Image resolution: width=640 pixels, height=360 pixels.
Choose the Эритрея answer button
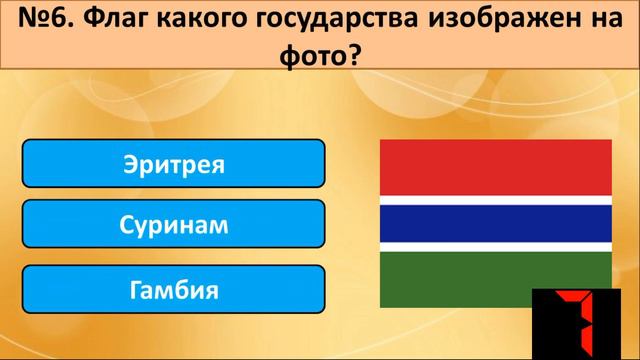pyautogui.click(x=173, y=163)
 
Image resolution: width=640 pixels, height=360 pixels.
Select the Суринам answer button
pyautogui.click(x=173, y=225)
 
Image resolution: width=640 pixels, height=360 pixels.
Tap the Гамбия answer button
pyautogui.click(x=173, y=290)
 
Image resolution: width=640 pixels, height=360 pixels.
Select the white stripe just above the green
pyautogui.click(x=496, y=246)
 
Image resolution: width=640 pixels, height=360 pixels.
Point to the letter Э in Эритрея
pyautogui.click(x=130, y=163)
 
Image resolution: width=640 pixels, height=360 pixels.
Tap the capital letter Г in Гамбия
pyautogui.click(x=135, y=290)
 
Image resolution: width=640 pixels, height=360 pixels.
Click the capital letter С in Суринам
pyautogui.click(x=125, y=225)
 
